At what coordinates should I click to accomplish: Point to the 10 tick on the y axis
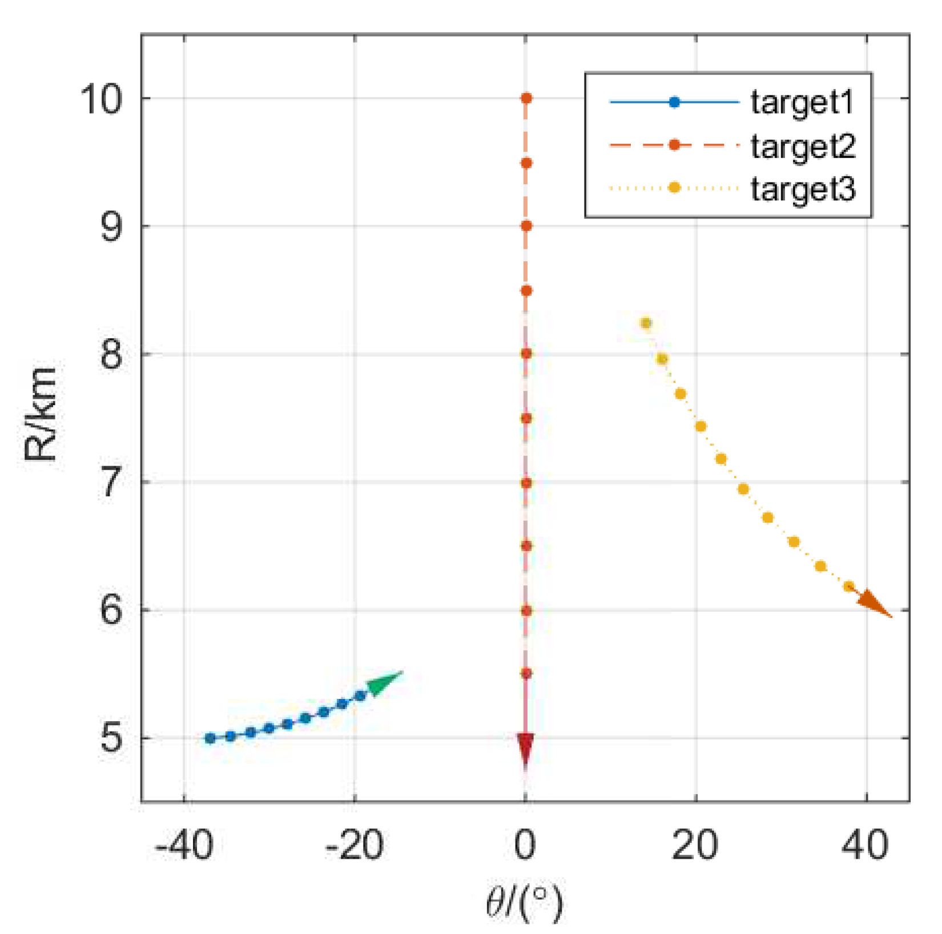click(102, 99)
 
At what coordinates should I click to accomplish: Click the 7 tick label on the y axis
click(111, 483)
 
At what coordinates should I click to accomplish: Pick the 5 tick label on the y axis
click(111, 738)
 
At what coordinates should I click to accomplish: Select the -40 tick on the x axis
click(184, 845)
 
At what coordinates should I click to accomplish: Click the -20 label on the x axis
click(354, 845)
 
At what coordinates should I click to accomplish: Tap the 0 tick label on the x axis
click(525, 845)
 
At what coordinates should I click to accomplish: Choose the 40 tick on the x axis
click(866, 845)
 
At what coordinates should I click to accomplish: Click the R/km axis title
click(41, 413)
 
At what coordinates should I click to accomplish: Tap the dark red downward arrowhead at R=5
click(525, 747)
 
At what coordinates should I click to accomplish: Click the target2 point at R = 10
click(526, 99)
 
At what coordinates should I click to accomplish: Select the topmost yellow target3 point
click(646, 324)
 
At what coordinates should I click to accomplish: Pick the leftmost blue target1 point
click(210, 738)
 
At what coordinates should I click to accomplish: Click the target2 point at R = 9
click(526, 227)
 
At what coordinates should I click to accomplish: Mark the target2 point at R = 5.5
click(526, 674)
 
